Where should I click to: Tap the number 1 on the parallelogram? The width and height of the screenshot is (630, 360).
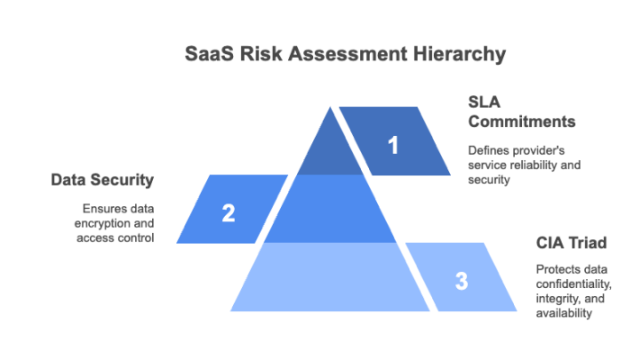[x=392, y=145]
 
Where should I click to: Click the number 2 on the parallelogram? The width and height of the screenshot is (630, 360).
[x=229, y=213]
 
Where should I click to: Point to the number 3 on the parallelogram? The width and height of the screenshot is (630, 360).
[x=461, y=281]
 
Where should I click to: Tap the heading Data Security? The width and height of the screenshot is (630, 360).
[x=102, y=180]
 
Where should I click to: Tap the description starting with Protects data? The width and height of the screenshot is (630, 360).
[x=574, y=291]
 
